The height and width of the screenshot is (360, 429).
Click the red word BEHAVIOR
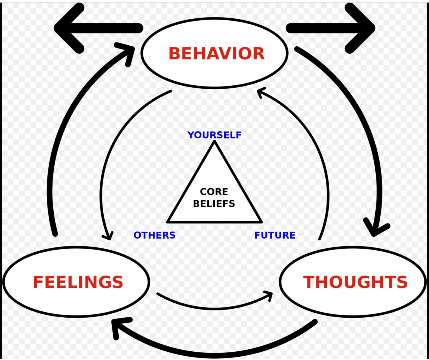point(216,54)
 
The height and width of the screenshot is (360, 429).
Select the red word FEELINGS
point(78,282)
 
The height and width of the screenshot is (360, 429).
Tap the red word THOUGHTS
point(355,282)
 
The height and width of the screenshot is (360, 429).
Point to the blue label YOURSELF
point(214,135)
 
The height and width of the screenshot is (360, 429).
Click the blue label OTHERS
point(154,235)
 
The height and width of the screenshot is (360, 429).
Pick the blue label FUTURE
point(275,235)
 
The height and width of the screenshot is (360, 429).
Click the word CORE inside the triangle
point(214,192)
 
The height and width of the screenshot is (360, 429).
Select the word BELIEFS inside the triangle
point(214,203)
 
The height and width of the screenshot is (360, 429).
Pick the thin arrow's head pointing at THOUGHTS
point(270,294)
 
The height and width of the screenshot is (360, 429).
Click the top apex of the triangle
point(214,142)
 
